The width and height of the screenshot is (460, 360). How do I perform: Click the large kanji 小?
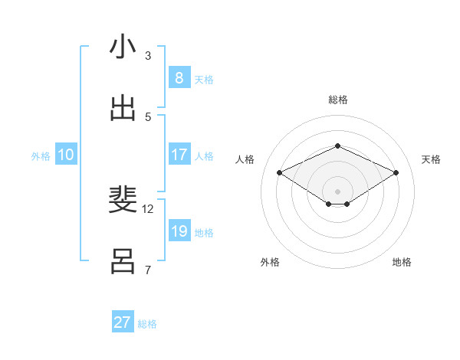[x=123, y=47]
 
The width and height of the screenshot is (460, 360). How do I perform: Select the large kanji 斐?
[x=123, y=200]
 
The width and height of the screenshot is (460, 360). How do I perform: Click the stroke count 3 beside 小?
[x=148, y=55]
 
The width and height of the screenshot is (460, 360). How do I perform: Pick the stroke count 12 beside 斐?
[x=148, y=208]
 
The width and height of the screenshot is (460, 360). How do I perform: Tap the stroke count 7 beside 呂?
[x=148, y=270]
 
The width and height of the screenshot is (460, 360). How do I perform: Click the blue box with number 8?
[x=179, y=77]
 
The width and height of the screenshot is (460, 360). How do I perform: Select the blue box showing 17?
[x=179, y=155]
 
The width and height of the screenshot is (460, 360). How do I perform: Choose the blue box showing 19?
[x=179, y=231]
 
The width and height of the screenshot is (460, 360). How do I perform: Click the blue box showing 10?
[x=66, y=155]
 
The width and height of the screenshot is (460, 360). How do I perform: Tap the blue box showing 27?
[x=123, y=322]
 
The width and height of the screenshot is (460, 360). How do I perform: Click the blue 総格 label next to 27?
[x=147, y=324]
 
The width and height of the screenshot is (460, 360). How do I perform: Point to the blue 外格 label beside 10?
[x=41, y=156]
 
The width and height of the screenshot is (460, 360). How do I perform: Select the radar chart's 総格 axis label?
[x=337, y=100]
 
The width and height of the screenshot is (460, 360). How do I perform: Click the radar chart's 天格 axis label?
[x=431, y=159]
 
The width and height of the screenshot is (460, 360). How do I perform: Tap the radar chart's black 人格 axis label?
[x=245, y=159]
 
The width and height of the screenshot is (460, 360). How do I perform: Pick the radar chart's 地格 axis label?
[x=402, y=262]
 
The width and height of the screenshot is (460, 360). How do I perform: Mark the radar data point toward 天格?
[x=396, y=173]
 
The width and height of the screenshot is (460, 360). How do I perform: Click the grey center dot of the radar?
[x=337, y=191]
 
